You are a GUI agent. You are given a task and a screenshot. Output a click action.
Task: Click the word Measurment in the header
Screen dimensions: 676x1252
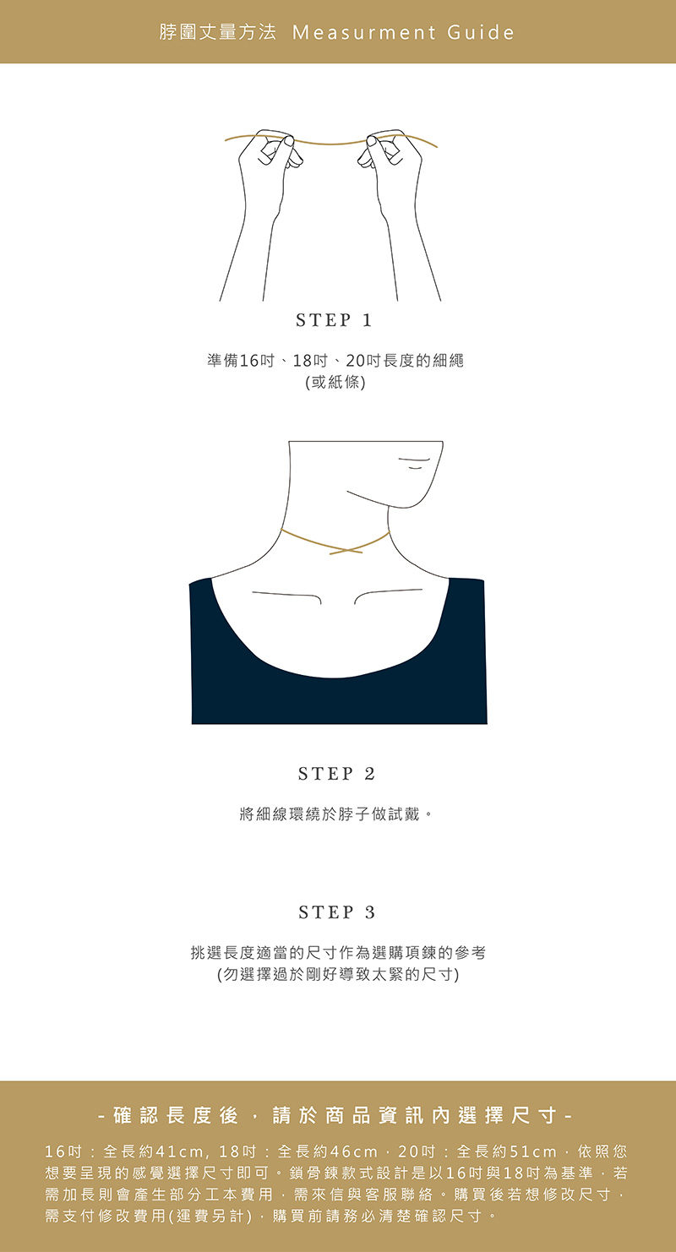click(364, 32)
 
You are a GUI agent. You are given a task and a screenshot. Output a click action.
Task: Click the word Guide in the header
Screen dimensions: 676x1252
click(481, 32)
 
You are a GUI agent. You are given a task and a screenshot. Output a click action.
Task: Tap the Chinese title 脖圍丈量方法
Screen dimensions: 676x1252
click(217, 32)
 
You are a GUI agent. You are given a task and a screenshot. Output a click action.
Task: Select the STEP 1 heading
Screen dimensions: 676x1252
click(334, 320)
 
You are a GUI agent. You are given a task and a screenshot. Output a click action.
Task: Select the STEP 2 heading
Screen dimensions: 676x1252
click(336, 774)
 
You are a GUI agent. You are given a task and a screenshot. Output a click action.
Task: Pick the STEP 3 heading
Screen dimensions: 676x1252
click(337, 912)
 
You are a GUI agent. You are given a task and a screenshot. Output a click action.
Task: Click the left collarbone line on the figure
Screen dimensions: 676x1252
click(286, 596)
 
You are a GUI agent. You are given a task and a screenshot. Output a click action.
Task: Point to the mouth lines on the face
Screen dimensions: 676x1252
click(414, 463)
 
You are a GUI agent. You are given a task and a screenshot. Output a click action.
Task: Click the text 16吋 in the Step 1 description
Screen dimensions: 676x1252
click(257, 361)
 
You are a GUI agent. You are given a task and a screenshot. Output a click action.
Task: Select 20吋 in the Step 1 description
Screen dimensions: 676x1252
click(364, 361)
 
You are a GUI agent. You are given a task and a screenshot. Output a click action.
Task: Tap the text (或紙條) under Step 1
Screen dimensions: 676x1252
click(335, 383)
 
